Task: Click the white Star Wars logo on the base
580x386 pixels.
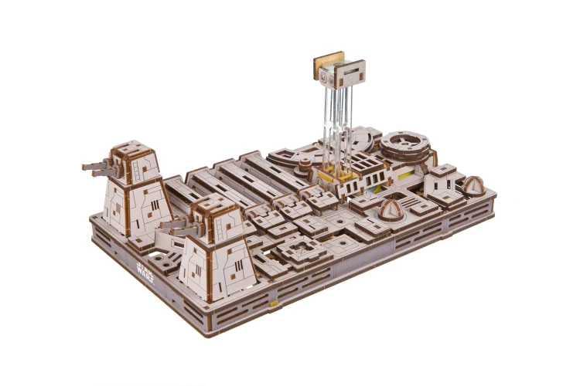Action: pyautogui.click(x=145, y=271)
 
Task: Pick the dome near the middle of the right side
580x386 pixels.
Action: pyautogui.click(x=389, y=210)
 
